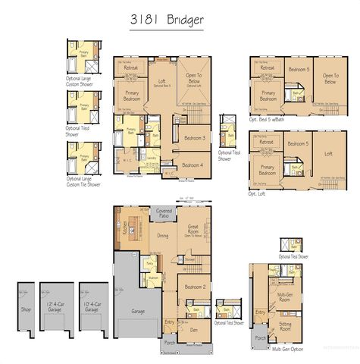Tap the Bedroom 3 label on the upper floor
(x=194, y=138)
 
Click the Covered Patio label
(x=164, y=213)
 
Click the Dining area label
(x=163, y=236)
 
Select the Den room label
(x=195, y=331)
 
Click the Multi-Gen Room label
(x=285, y=297)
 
